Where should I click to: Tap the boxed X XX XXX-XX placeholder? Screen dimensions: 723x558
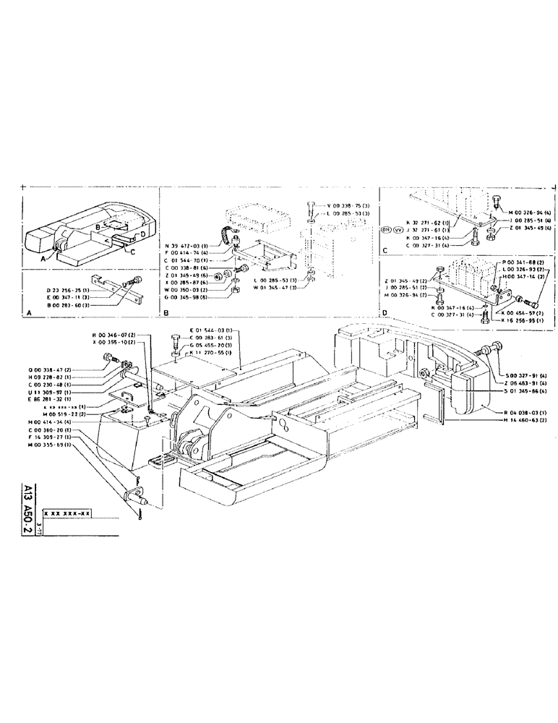pos(66,513)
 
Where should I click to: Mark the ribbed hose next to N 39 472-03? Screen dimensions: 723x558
pos(228,236)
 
